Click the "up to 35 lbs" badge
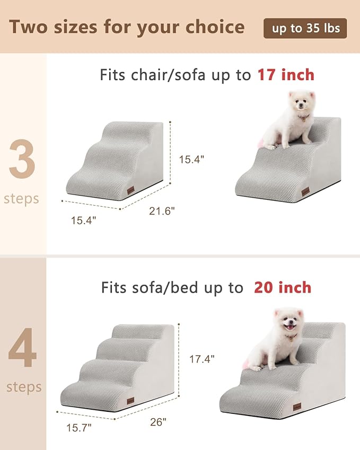[x=305, y=28]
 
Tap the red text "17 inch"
[x=286, y=75]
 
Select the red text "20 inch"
[x=282, y=288]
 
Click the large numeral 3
[x=22, y=160]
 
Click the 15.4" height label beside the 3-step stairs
[x=191, y=159]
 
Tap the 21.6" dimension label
[x=161, y=211]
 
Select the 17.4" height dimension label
[x=201, y=359]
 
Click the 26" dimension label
[x=157, y=422]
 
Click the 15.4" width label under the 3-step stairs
[x=84, y=220]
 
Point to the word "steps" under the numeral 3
[x=22, y=199]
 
